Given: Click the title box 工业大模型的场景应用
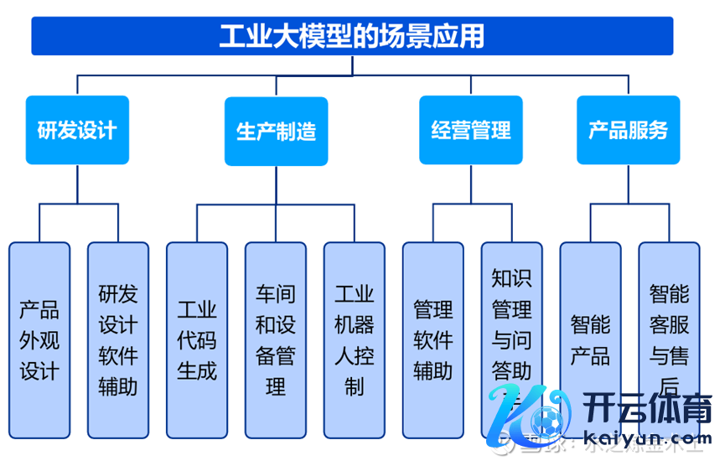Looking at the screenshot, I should pyautogui.click(x=352, y=36).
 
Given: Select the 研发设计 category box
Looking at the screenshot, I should pyautogui.click(x=77, y=130).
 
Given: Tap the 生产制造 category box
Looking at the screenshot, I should pyautogui.click(x=276, y=131).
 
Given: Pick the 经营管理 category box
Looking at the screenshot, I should pyautogui.click(x=470, y=130).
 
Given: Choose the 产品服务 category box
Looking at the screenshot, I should pyautogui.click(x=628, y=130).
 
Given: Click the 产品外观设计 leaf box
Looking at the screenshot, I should pyautogui.click(x=39, y=340).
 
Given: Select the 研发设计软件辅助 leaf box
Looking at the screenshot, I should pyautogui.click(x=118, y=340).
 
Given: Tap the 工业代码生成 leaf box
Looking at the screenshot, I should pyautogui.click(x=197, y=340).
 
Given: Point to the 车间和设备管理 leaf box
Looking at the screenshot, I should pyautogui.click(x=276, y=340).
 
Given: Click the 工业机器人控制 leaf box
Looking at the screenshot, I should pyautogui.click(x=355, y=340).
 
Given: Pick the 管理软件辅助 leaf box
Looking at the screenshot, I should pyautogui.click(x=433, y=340).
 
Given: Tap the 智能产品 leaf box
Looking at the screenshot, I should pyautogui.click(x=591, y=340).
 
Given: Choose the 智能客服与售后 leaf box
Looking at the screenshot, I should pyautogui.click(x=669, y=340).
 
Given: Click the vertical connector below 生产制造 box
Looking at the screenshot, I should pyautogui.click(x=276, y=185).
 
